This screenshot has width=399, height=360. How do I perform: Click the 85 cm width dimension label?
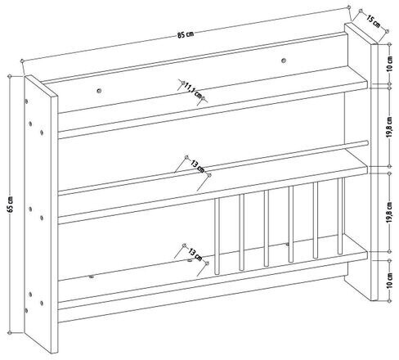186,34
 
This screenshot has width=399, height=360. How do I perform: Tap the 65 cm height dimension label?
11,205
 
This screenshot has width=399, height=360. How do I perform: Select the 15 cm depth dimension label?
373,22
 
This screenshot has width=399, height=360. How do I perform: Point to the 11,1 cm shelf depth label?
193,91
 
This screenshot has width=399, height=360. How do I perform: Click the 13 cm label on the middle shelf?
197,167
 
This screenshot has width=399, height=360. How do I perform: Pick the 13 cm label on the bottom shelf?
195,254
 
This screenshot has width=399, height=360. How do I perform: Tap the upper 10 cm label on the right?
390,64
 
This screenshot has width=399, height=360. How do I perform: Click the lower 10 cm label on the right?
390,280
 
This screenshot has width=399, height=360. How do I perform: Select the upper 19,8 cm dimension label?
390,128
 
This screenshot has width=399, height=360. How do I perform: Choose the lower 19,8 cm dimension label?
390,213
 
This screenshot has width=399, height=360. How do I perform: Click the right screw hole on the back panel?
284,61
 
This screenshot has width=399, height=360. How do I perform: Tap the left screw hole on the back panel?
99,91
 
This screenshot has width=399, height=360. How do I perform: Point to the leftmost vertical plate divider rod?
217,236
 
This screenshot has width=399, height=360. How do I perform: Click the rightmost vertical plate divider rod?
340,216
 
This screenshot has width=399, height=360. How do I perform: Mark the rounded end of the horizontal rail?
367,142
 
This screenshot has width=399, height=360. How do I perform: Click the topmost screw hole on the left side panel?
26,101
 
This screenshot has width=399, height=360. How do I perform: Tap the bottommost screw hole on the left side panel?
26,310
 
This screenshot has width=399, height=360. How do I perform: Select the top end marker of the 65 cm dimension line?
10,76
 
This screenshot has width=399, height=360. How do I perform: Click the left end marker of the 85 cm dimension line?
22,61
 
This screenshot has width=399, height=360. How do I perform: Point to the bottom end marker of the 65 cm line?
10,333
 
